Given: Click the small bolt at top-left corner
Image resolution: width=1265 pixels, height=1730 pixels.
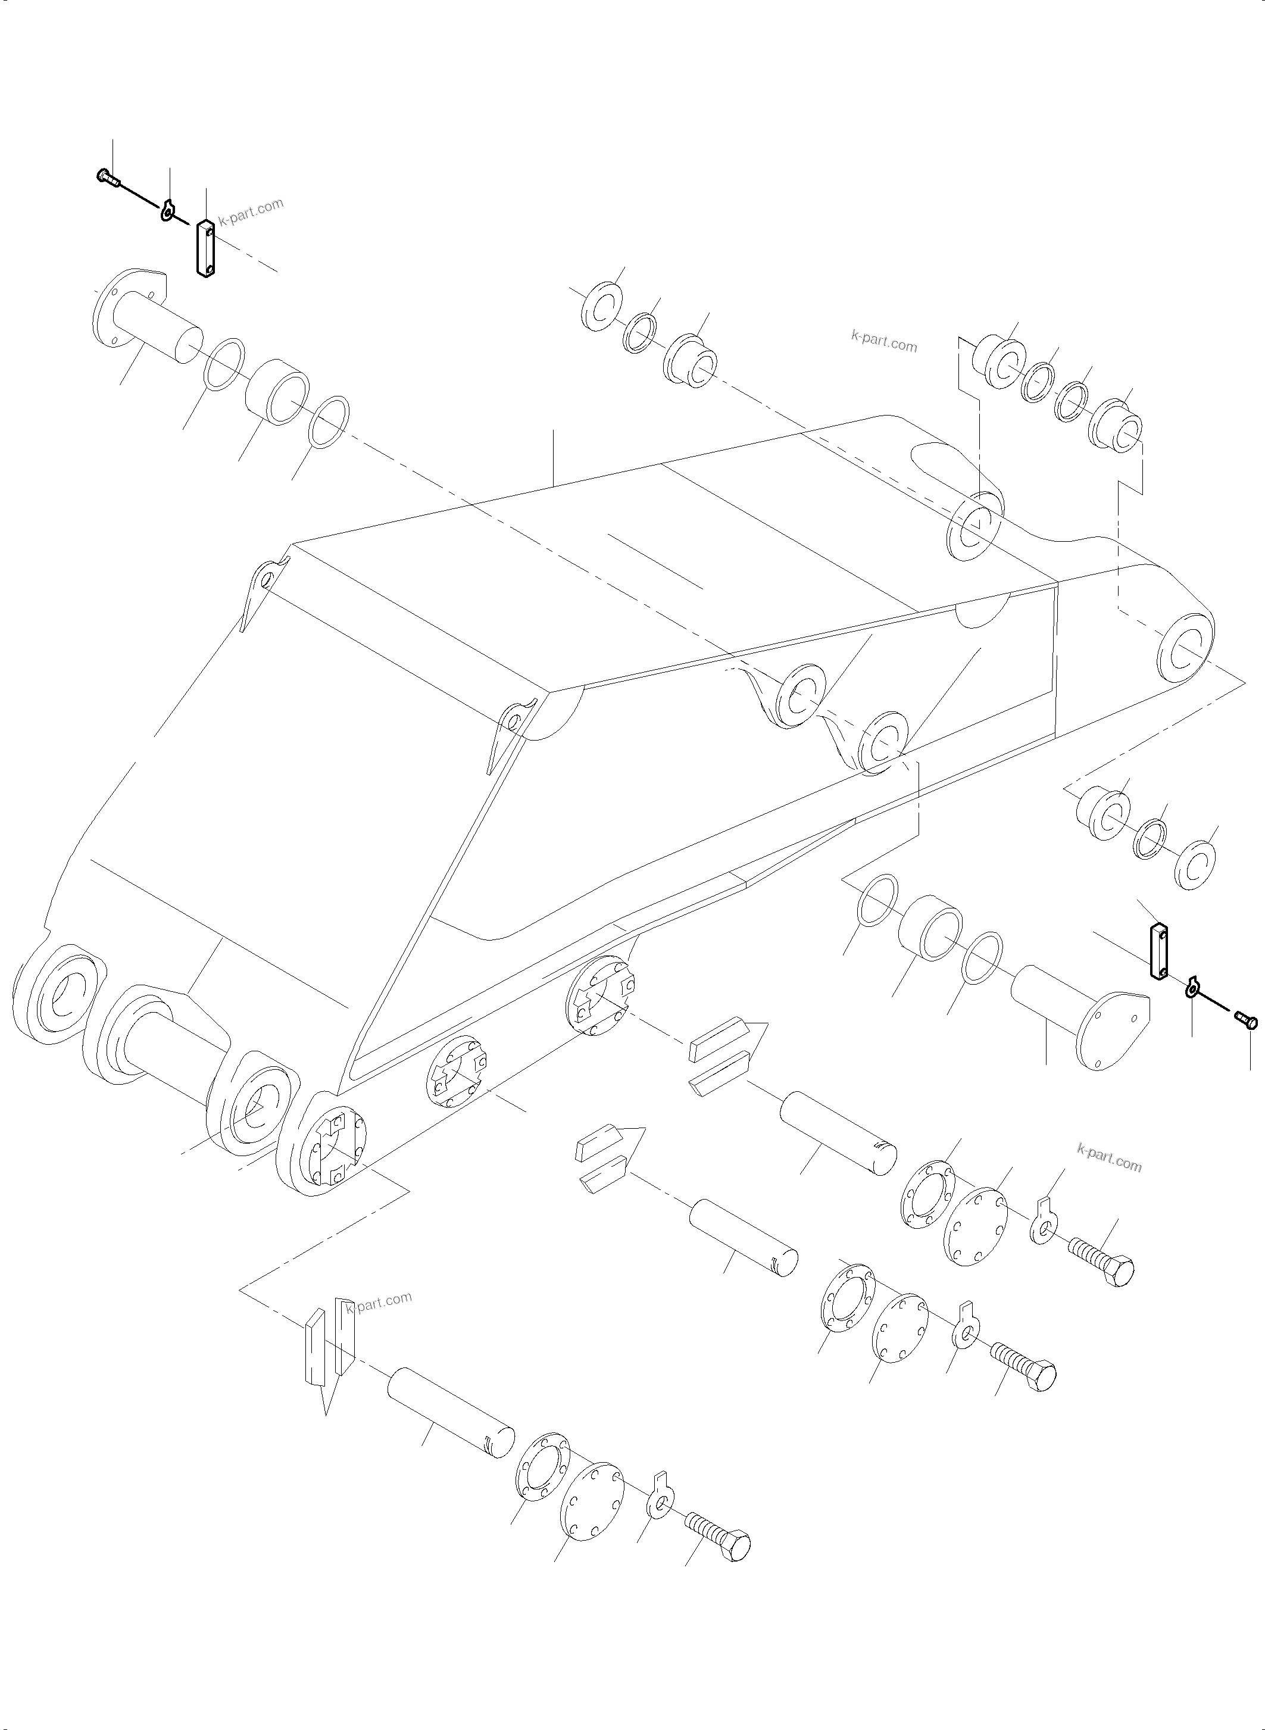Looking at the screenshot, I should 107,177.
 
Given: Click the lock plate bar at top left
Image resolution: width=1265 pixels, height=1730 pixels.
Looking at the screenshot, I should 204,248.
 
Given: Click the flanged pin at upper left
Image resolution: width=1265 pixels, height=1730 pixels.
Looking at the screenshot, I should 145,321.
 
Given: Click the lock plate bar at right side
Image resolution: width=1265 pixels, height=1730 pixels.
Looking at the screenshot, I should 1158,951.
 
